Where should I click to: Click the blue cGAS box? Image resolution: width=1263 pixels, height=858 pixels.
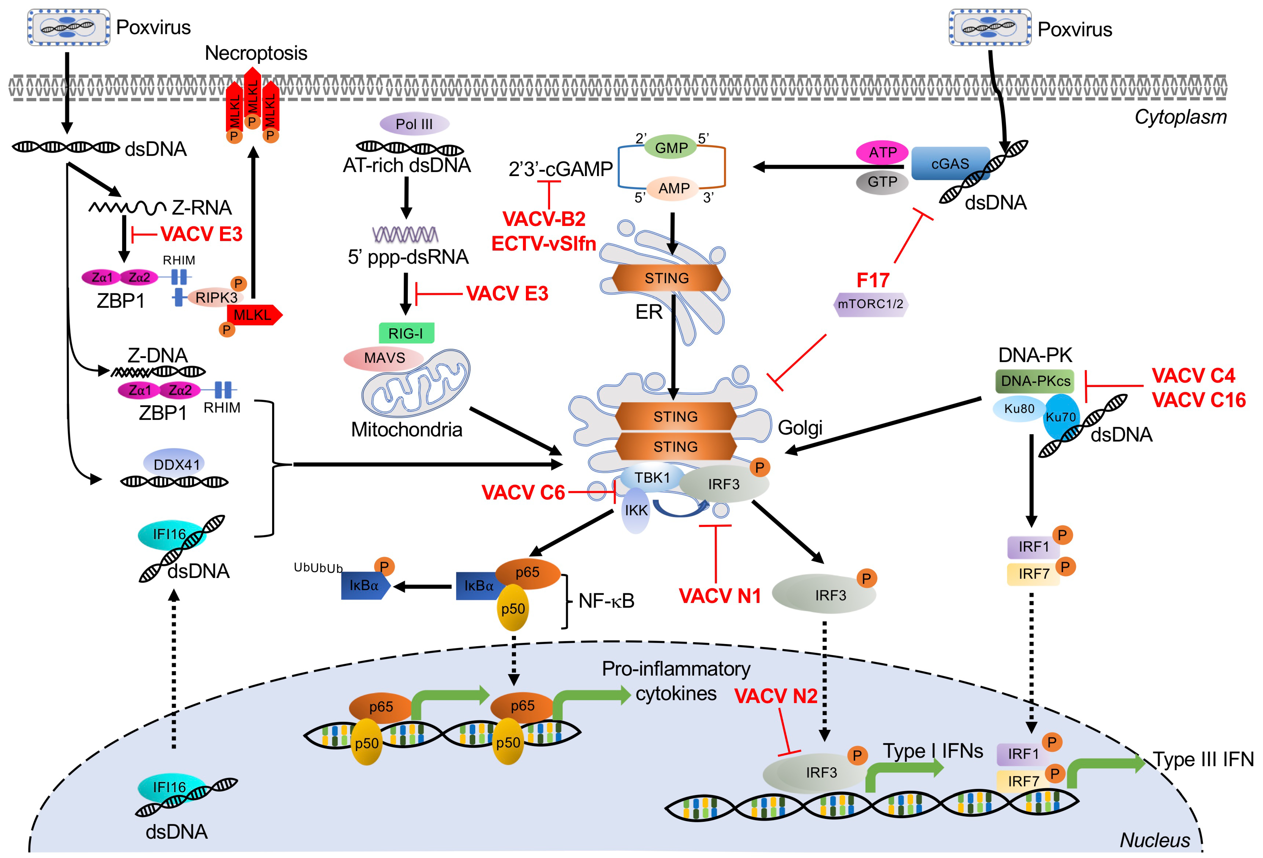click(950, 163)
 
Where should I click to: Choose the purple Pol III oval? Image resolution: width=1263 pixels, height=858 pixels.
click(414, 124)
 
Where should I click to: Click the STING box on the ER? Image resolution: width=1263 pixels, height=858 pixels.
click(667, 278)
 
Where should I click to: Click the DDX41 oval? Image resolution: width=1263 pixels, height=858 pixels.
click(177, 464)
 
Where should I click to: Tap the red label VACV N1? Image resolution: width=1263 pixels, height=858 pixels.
click(720, 596)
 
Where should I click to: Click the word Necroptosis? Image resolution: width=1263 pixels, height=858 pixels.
click(256, 53)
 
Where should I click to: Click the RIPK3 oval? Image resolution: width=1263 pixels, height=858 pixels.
click(216, 298)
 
